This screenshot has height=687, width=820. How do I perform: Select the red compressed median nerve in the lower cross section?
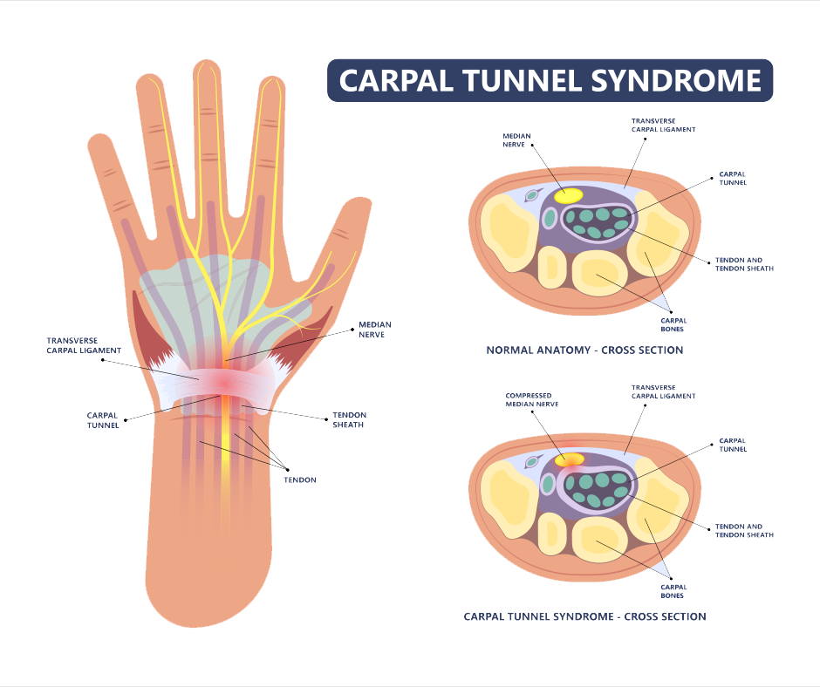[x=570, y=459]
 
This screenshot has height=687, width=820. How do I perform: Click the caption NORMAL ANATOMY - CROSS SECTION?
[x=584, y=350]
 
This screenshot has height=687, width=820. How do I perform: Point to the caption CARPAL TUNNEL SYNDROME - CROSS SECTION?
[x=584, y=616]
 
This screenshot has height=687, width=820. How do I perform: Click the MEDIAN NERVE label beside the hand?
[x=372, y=330]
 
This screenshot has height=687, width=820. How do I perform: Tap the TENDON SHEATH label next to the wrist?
[x=348, y=419]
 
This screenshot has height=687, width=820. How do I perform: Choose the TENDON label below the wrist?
[x=300, y=480]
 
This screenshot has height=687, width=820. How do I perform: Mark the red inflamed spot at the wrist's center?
[x=224, y=382]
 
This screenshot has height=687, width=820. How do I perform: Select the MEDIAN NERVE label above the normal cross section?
[x=515, y=140]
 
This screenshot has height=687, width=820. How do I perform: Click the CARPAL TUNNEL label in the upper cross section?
[x=732, y=179]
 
